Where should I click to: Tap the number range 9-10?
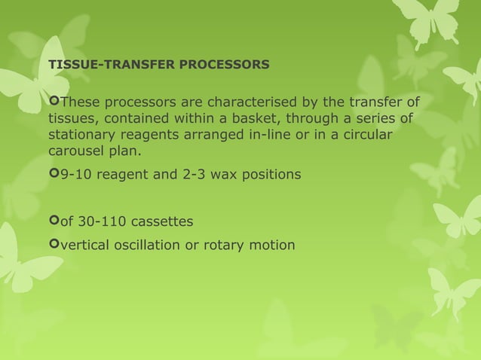pos(75,175)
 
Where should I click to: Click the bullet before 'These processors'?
pos(53,102)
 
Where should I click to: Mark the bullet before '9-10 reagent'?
pos(53,175)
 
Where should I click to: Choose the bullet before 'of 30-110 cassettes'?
pos(53,221)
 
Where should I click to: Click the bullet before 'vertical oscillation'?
pos(53,245)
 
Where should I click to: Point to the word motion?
pos(274,245)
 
